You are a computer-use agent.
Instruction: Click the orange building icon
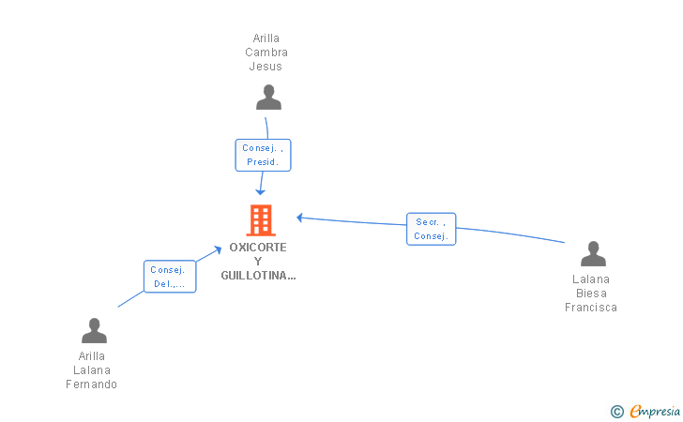261,220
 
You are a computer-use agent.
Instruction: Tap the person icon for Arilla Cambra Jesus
268,98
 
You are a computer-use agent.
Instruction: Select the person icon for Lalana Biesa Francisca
593,253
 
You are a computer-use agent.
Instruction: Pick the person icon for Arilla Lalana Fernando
94,330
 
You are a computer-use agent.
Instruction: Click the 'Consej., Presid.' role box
263,155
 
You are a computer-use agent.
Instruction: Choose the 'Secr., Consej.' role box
432,229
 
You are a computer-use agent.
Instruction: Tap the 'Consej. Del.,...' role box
170,277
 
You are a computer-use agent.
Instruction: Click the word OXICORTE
258,248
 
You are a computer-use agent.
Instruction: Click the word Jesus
266,67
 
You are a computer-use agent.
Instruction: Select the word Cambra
266,53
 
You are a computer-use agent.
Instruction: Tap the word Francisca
591,308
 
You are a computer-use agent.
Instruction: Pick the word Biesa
591,294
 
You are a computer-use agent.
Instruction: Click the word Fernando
92,384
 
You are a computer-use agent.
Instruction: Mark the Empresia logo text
655,411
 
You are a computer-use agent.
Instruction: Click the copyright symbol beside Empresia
616,412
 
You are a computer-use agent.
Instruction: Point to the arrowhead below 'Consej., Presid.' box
260,192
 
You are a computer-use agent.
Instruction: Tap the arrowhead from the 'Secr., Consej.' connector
299,218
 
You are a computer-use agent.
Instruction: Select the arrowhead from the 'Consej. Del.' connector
218,250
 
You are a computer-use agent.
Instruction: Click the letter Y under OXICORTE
258,262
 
